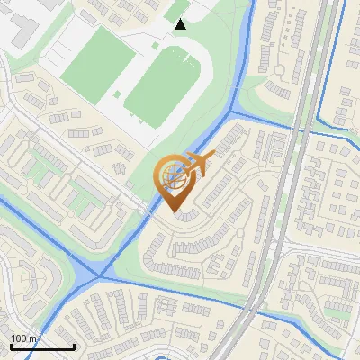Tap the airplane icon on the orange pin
(197, 163)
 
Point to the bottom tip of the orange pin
(173, 211)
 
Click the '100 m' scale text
(24, 338)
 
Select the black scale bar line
(41, 346)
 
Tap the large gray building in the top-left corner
(18, 22)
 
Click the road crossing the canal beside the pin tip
(148, 213)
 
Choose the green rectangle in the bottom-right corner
(337, 312)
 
